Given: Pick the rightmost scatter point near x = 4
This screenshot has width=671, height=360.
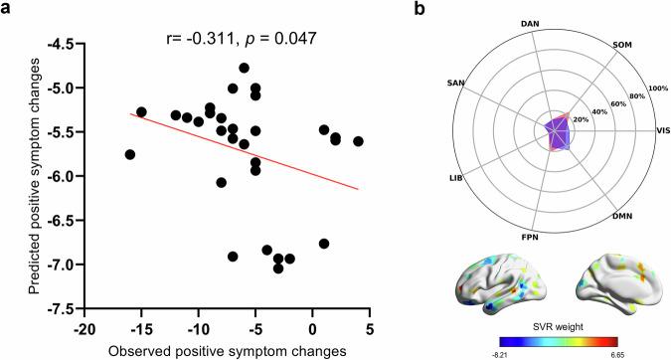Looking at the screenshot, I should [x=358, y=141].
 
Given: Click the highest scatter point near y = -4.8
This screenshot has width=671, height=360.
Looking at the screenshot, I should [x=245, y=68].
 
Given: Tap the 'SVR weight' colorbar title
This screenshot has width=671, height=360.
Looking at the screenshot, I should [x=557, y=325].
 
